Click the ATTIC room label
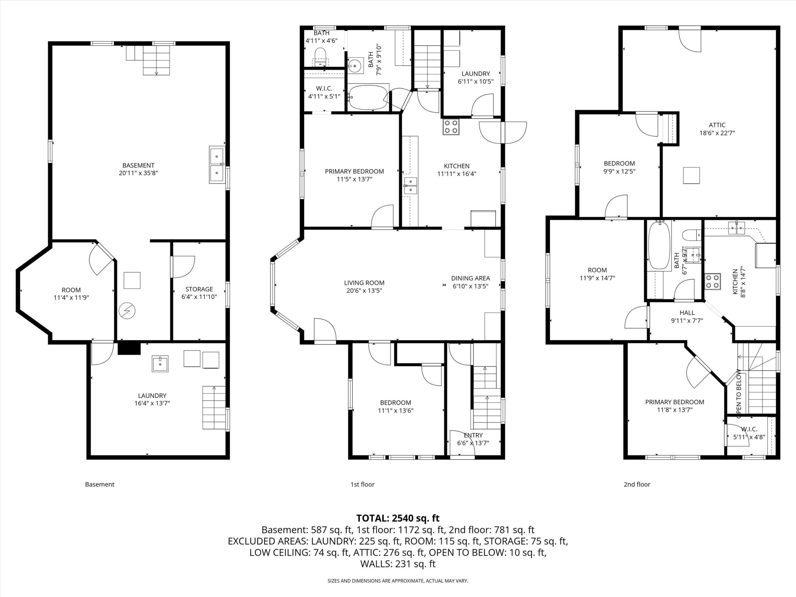point(717,125)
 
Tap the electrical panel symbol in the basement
point(127,311)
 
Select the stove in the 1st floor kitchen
point(451,127)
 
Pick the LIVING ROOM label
point(364,283)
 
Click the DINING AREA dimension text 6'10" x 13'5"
point(470,286)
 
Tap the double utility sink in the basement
point(217,165)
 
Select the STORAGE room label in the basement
point(199,289)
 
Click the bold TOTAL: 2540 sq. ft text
point(398,518)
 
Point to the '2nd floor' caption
point(637,484)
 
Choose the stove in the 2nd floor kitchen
point(713,282)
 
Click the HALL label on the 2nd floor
point(687,313)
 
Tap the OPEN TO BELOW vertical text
point(739,394)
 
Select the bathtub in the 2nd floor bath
point(659,245)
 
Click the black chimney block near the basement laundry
point(129,348)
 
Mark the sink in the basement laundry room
point(160,364)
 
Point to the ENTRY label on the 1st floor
point(473,435)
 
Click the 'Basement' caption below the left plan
point(100,484)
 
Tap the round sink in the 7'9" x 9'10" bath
point(354,66)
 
